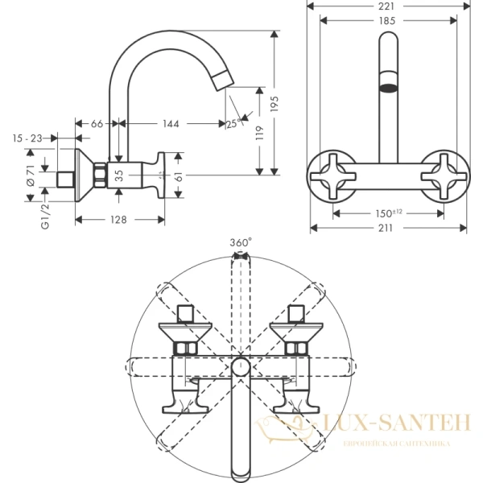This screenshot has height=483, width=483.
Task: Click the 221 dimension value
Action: [388, 6]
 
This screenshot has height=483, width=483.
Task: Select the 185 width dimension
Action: [388, 21]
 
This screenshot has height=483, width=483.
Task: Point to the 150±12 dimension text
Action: [389, 213]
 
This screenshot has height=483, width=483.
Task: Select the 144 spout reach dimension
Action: [169, 124]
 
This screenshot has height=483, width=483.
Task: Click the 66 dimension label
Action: [96, 124]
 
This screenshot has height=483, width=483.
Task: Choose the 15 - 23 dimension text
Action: [27, 138]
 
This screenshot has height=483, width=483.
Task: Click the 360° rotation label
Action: [240, 242]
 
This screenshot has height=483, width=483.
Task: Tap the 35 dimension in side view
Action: [119, 174]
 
